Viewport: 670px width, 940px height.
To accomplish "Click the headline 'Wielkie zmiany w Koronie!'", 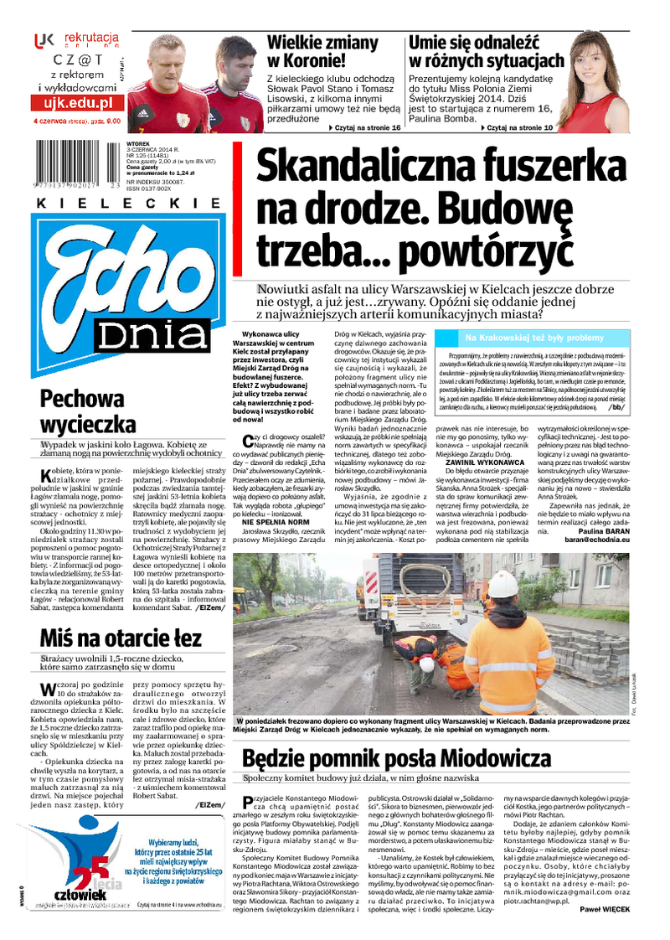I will point(322,51).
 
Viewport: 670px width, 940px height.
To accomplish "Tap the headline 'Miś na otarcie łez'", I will point(121,638).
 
